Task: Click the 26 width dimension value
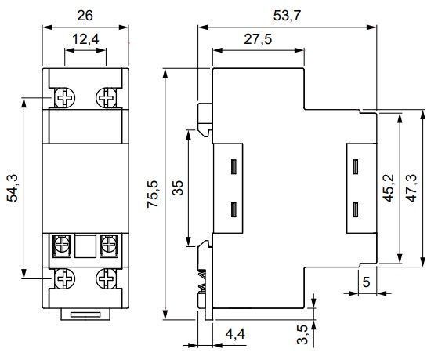coord(85,16)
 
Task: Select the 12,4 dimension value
coord(85,39)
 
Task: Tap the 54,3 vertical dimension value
coord(13,188)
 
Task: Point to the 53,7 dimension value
coord(287,16)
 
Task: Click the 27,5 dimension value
coord(258,39)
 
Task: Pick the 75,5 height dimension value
coord(153,195)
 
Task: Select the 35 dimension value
coord(177,188)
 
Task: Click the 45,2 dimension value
coord(389,188)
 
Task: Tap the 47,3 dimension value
coord(411,188)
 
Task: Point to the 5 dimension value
coord(366,282)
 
